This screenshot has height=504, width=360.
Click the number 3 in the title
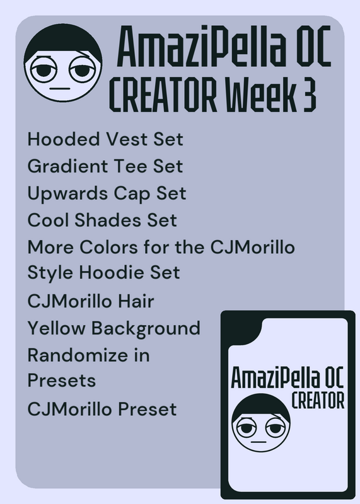309,95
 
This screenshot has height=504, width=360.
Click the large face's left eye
42,70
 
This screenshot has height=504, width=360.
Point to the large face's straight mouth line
60,88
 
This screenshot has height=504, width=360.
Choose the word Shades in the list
108,220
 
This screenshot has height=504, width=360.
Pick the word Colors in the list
108,247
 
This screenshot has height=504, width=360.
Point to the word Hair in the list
136,301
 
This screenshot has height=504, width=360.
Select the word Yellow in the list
56,328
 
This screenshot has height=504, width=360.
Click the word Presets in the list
62,381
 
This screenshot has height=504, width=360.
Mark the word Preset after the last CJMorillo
148,409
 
